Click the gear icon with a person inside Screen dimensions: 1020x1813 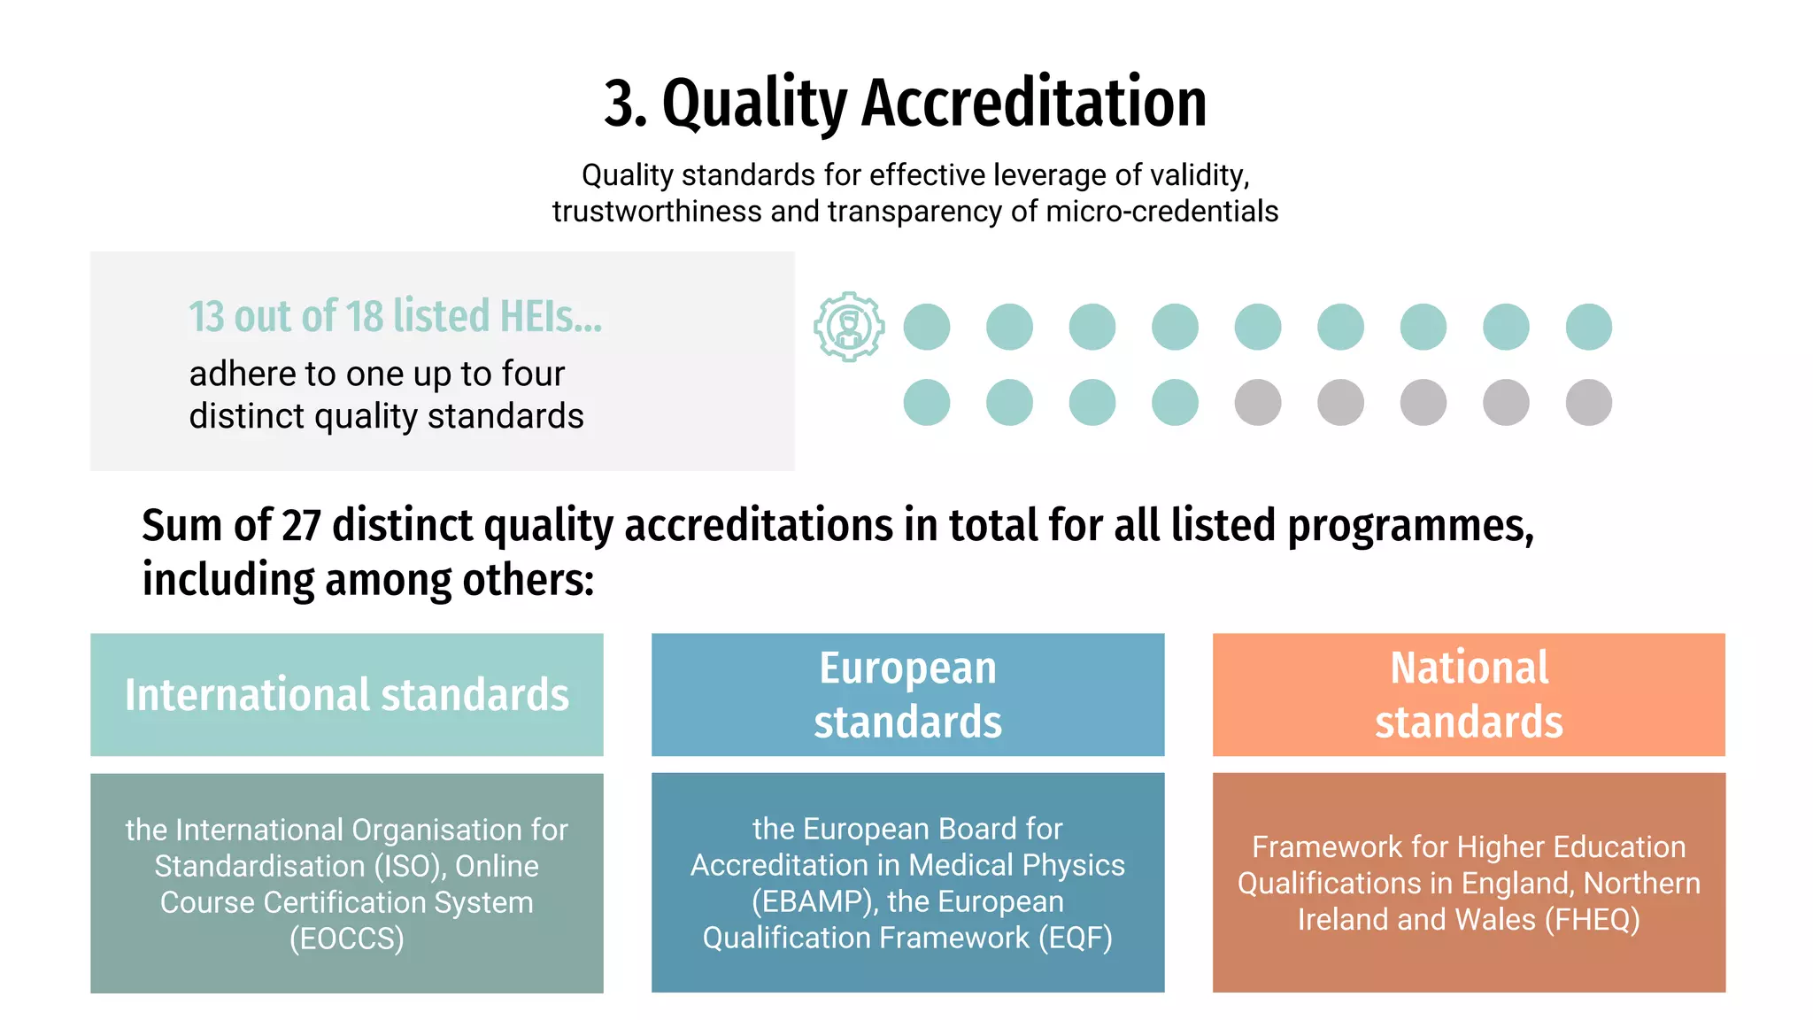(x=849, y=327)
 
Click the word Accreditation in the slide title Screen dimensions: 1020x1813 (x=1034, y=103)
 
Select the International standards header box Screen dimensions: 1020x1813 (x=347, y=694)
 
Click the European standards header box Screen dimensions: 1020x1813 (x=907, y=694)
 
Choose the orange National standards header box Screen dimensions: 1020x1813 (x=1469, y=694)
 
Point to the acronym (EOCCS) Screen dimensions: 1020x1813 (x=347, y=939)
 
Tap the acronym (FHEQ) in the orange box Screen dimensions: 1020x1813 (x=1593, y=920)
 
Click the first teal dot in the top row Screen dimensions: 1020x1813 (x=927, y=327)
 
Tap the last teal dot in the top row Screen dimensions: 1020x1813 (x=1589, y=327)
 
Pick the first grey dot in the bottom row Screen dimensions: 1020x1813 (x=1258, y=403)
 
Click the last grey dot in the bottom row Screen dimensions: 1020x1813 (x=1589, y=403)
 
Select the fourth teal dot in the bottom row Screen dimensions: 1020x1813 (x=1175, y=403)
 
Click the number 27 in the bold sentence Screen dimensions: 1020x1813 (x=301, y=525)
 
